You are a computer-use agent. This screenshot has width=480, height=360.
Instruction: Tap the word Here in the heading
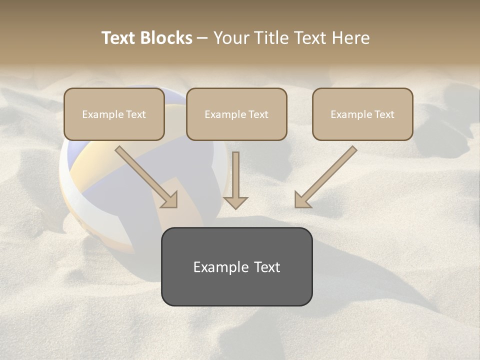(x=351, y=38)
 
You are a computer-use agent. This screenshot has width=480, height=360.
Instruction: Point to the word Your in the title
(x=229, y=38)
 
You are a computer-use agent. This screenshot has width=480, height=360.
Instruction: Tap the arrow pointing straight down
(x=235, y=177)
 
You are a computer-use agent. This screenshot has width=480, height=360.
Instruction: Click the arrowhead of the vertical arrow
(x=235, y=202)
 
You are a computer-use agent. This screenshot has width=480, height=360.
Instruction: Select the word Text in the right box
(x=384, y=114)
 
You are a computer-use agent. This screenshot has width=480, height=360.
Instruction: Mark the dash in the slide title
(x=202, y=38)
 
